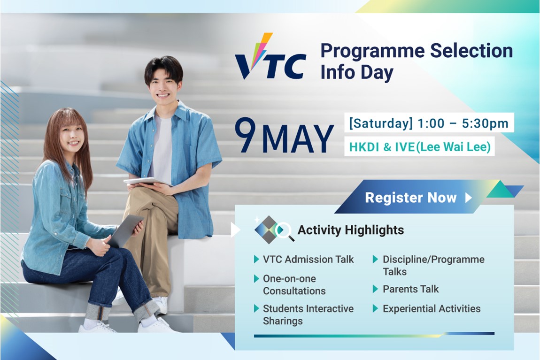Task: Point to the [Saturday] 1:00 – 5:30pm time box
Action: (x=429, y=123)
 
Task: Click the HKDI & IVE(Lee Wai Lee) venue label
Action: (x=419, y=147)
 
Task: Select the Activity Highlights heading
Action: (x=350, y=230)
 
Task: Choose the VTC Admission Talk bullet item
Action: (x=308, y=259)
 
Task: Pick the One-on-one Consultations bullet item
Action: (x=294, y=284)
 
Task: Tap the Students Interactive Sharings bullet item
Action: (x=308, y=314)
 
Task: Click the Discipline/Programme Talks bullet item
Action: (x=433, y=265)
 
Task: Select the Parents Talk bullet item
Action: (x=410, y=289)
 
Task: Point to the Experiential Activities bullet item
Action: (x=431, y=308)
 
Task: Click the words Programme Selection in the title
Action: (x=416, y=51)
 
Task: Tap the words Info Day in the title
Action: (x=356, y=73)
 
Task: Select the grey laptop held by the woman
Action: (x=124, y=230)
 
